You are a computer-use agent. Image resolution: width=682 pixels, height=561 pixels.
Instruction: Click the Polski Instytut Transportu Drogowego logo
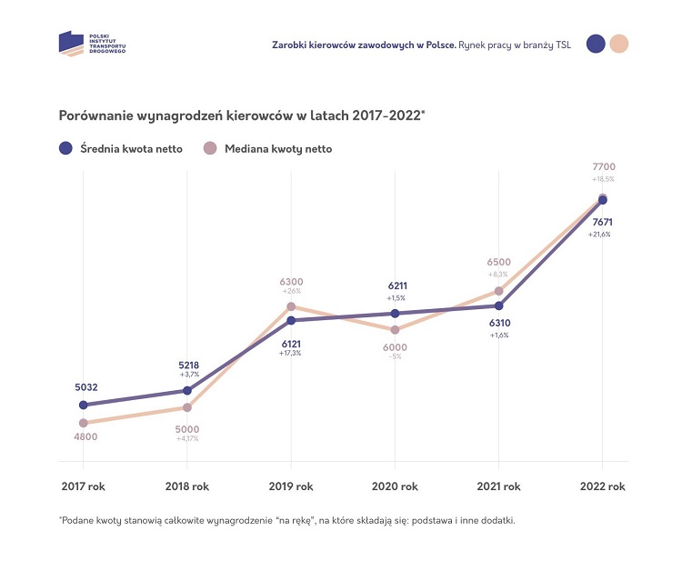(x=92, y=44)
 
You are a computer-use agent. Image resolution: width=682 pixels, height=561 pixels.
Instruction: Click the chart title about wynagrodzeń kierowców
(x=242, y=115)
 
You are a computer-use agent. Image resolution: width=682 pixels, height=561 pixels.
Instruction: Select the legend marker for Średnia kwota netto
(x=65, y=148)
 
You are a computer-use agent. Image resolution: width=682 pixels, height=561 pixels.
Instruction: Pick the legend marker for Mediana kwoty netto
(x=210, y=148)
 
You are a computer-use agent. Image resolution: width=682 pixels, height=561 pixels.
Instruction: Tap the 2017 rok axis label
(x=83, y=486)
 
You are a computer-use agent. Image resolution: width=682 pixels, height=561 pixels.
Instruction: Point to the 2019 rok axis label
(x=291, y=486)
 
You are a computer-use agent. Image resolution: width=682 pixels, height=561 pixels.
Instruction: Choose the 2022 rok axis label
(x=603, y=486)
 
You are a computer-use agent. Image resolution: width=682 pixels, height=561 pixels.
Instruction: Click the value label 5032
(x=86, y=387)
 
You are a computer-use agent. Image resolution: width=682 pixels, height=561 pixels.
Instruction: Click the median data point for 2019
(x=291, y=306)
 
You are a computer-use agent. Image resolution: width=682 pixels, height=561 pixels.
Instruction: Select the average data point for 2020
(x=395, y=314)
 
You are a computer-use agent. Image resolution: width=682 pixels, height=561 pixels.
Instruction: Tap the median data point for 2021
(x=498, y=291)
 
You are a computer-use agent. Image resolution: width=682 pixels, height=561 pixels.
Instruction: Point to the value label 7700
(x=604, y=167)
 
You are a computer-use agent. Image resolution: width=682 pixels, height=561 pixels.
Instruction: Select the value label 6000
(x=395, y=347)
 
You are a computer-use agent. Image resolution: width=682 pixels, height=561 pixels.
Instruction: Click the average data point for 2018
(x=187, y=390)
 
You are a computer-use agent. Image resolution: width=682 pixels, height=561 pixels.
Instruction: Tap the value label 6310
(x=498, y=323)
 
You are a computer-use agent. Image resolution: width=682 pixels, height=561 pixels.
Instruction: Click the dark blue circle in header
(x=597, y=44)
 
